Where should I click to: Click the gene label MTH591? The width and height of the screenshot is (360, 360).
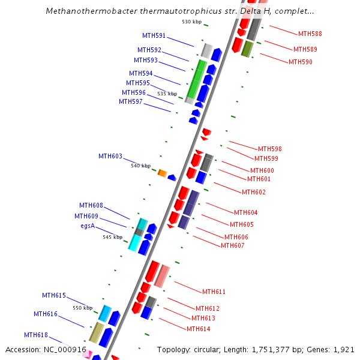pos(154,35)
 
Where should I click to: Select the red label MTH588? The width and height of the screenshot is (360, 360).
pos(310,34)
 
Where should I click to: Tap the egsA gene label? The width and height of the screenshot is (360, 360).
pos(88,226)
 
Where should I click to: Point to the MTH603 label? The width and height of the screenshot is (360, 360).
pos(110,156)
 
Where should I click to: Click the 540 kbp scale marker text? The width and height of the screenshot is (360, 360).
pos(140,166)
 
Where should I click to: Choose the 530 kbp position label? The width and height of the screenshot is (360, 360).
pos(191,22)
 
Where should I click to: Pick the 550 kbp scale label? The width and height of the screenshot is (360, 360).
pos(83,308)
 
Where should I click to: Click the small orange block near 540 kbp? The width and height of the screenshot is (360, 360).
pos(162,173)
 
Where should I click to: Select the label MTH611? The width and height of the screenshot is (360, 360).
pos(214,292)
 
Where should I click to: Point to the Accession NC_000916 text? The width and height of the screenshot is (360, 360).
pos(46,349)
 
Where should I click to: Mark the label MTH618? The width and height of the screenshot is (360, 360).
pos(36,335)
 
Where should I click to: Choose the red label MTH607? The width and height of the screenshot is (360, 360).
pos(233,245)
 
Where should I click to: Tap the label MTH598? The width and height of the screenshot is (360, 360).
pos(270,149)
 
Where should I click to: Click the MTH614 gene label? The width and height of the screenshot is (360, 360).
pos(198,329)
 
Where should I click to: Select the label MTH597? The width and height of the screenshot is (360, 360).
pos(131,101)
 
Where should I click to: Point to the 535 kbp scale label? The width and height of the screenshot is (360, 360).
pos(167,94)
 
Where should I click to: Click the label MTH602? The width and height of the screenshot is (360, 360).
pos(254,192)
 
